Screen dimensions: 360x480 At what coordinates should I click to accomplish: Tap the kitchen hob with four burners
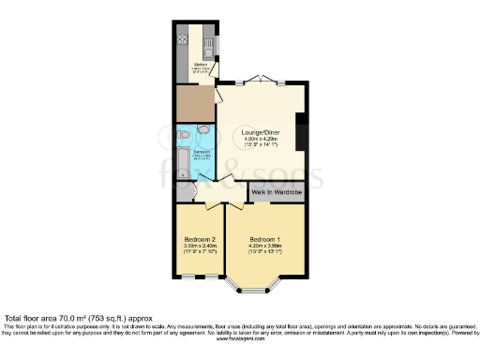point(181,40)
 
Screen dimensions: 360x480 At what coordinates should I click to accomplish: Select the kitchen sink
point(209,43)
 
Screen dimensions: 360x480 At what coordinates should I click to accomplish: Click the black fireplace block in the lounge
point(300,132)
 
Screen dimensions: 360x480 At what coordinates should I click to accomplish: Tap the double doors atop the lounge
point(266,81)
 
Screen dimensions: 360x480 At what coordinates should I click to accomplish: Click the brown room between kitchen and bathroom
point(195,103)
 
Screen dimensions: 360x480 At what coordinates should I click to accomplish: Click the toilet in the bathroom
point(202,129)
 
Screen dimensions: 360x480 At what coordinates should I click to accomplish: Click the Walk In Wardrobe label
point(277,193)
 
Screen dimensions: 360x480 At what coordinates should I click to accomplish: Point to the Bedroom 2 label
point(199,240)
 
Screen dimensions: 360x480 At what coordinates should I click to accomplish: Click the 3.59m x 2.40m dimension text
point(199,247)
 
